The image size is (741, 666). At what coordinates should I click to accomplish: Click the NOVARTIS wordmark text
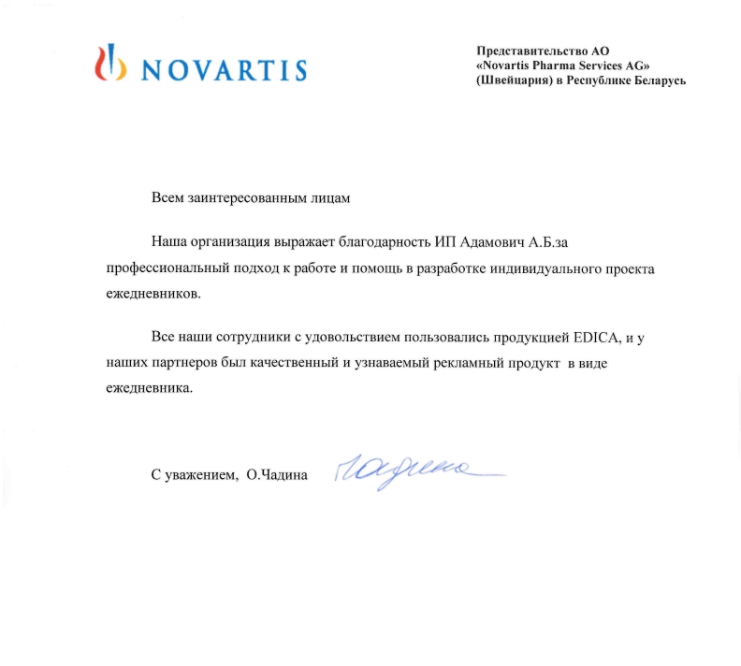[224, 69]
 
